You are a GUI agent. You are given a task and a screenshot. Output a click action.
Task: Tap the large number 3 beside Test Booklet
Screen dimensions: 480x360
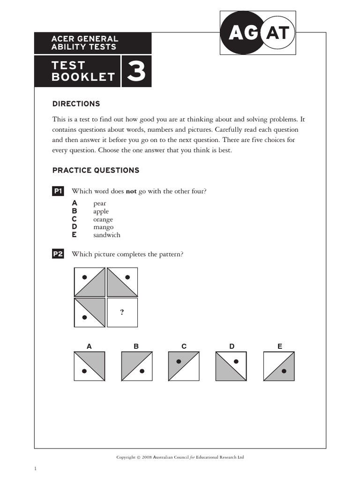[x=136, y=72]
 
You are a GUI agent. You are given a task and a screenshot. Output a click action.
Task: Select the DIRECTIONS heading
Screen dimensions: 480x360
[x=76, y=104]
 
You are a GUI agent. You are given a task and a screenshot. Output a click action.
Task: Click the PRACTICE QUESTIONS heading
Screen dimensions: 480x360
[x=96, y=170]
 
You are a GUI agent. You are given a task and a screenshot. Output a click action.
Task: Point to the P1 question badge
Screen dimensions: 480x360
[x=58, y=191]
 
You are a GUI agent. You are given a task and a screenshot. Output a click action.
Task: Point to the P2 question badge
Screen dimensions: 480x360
[x=58, y=254]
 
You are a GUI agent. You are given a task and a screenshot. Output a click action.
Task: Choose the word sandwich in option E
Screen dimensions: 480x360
[x=106, y=235]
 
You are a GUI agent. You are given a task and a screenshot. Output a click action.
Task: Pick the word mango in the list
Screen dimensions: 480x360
[x=103, y=227]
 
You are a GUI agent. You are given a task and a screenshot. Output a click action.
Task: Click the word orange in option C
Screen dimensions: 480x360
[x=103, y=219]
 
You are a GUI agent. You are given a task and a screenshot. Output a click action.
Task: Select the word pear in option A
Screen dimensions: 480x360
[x=99, y=203]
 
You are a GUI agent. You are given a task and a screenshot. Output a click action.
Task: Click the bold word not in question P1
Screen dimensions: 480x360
[x=131, y=191]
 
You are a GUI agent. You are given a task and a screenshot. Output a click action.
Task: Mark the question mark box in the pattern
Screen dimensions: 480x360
[x=122, y=312]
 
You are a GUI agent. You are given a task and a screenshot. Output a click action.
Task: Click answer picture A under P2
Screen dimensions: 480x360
[x=89, y=366]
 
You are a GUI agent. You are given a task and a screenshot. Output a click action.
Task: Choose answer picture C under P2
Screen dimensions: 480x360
[x=184, y=366]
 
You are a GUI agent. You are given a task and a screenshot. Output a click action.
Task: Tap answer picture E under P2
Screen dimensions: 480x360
[x=279, y=366]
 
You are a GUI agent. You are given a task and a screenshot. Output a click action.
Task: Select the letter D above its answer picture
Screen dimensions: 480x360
[x=232, y=346]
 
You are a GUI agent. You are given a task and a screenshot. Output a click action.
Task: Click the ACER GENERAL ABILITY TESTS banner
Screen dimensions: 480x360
[x=92, y=43]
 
